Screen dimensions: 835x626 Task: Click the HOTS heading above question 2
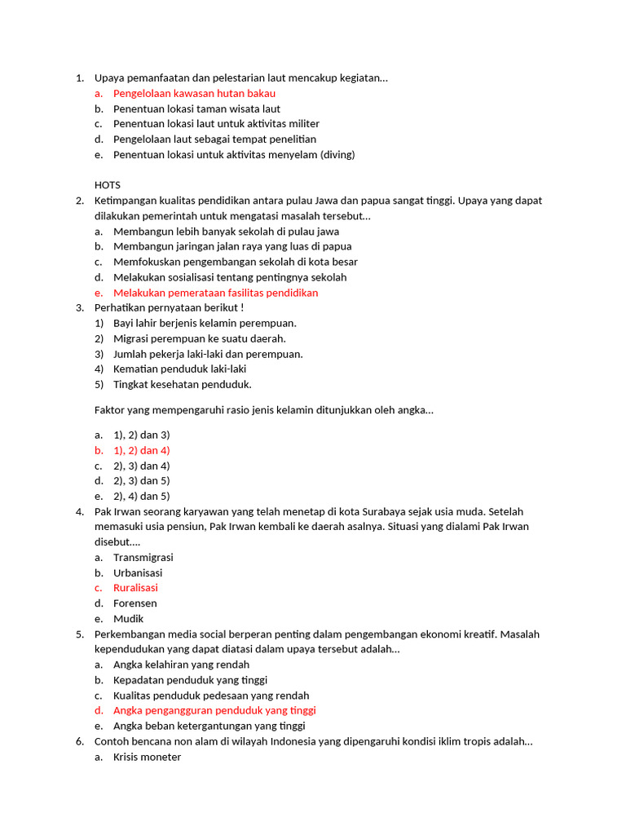[107, 185]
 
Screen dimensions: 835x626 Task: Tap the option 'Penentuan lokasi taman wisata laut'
[196, 108]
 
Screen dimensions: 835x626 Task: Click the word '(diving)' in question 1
[337, 154]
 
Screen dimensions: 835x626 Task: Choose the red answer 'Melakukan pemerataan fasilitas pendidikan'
[215, 293]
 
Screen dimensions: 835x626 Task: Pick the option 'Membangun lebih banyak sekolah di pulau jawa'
[226, 231]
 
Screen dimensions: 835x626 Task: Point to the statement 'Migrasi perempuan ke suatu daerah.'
[199, 338]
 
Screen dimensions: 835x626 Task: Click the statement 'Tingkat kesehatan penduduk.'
[182, 384]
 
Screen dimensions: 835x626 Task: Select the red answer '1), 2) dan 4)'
[141, 450]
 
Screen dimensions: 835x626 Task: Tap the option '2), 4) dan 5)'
[141, 496]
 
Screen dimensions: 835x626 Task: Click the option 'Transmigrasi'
[143, 557]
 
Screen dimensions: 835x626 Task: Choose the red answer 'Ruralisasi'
[135, 587]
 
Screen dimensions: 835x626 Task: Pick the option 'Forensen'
[134, 603]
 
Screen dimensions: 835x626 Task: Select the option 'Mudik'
[128, 618]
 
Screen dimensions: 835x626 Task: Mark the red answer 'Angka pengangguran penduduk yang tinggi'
[214, 710]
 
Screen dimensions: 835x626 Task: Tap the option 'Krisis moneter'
[147, 757]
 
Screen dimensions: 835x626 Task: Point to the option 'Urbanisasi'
[139, 572]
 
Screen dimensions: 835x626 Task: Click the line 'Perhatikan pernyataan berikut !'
[169, 307]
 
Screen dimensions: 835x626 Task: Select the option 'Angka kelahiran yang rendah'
[181, 665]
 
